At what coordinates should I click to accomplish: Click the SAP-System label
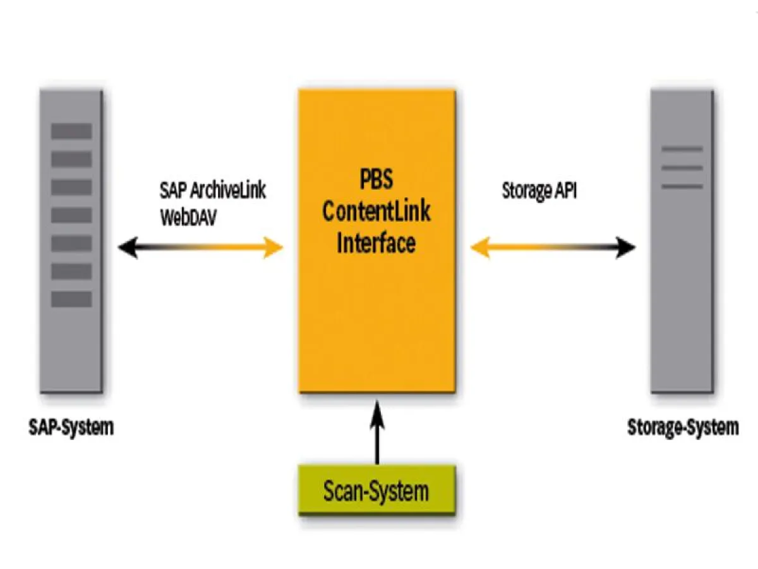71,427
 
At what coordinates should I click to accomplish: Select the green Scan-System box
376,491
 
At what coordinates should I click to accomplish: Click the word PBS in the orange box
376,179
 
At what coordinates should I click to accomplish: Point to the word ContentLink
376,211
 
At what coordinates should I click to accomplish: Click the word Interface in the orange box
376,243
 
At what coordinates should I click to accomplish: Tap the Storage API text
539,191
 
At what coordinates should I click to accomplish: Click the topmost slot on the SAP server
71,131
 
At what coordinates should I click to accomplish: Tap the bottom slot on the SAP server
71,299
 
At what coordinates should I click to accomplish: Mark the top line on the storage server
682,149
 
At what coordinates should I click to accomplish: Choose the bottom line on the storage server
682,187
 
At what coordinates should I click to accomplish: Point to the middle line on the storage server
682,168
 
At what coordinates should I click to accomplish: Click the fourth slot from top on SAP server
71,215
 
